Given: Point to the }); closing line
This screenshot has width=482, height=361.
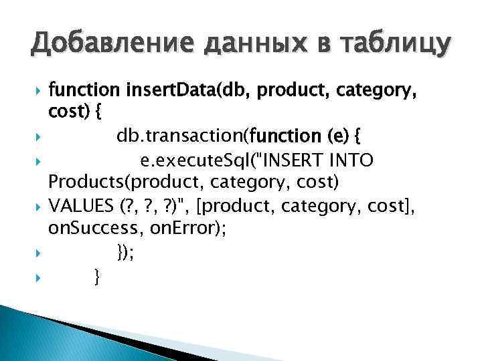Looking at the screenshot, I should (125, 252).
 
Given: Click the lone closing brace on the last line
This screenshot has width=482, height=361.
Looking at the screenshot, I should (98, 275).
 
